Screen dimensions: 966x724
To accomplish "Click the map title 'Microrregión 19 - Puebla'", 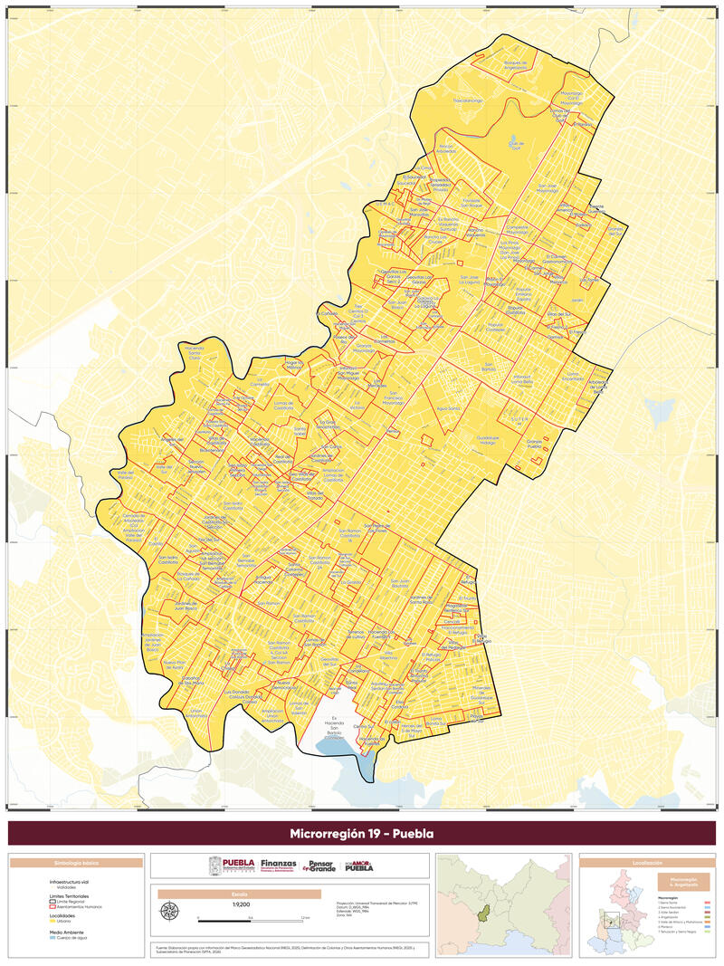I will [362, 833].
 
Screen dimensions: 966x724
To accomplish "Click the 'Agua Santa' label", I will [448, 408].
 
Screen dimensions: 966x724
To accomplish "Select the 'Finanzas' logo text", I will [278, 866].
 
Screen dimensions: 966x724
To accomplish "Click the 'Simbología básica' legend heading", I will [77, 864].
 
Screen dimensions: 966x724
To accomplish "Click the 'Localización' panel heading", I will [647, 864].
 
